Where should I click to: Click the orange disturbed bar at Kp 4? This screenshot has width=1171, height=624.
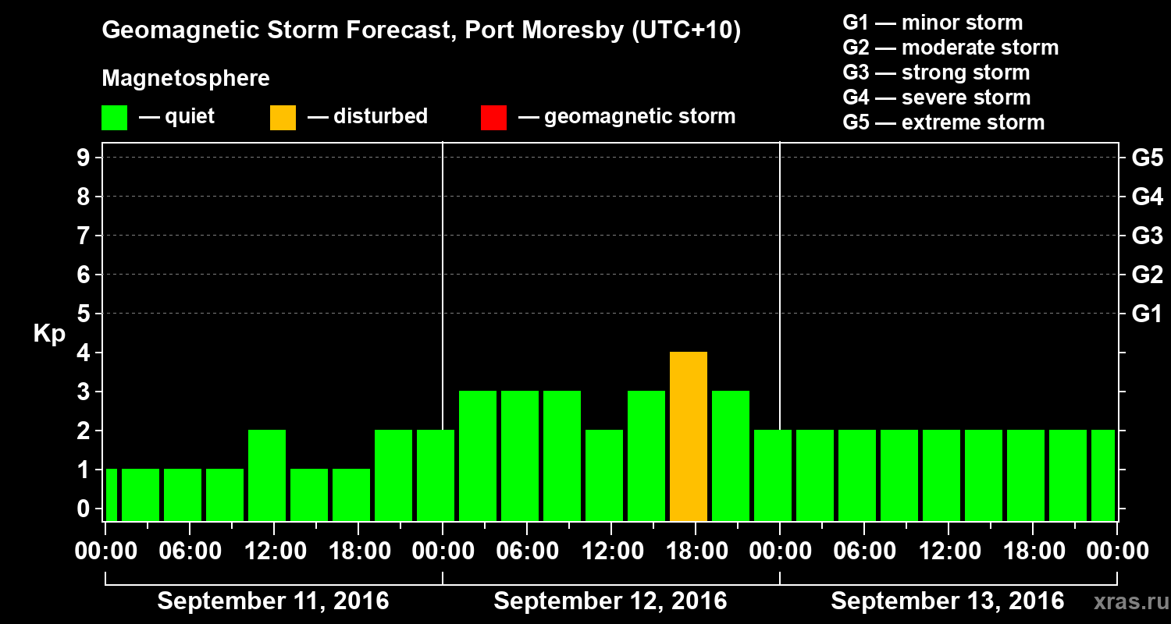pyautogui.click(x=689, y=436)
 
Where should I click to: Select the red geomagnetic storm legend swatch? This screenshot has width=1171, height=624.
pyautogui.click(x=493, y=118)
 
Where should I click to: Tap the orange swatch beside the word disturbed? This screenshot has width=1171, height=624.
pyautogui.click(x=283, y=118)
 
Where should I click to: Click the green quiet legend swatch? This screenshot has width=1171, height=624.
pyautogui.click(x=114, y=118)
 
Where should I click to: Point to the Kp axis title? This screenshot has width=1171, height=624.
pyautogui.click(x=49, y=334)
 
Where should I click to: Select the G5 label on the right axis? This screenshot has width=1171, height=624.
pyautogui.click(x=1147, y=158)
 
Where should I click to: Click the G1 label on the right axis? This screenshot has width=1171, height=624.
pyautogui.click(x=1147, y=314)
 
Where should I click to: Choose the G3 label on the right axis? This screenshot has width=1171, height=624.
pyautogui.click(x=1147, y=236)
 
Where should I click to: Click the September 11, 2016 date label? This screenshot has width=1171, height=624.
pyautogui.click(x=273, y=601)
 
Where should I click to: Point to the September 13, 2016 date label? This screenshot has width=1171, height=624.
pyautogui.click(x=947, y=601)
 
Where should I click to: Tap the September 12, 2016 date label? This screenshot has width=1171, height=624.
pyautogui.click(x=610, y=601)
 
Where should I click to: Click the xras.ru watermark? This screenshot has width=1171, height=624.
pyautogui.click(x=1125, y=601)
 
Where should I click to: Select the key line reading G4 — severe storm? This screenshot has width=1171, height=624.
pyautogui.click(x=936, y=97)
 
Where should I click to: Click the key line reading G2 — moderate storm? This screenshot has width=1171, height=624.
pyautogui.click(x=950, y=48)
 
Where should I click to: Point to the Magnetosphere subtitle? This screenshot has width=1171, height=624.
pyautogui.click(x=186, y=79)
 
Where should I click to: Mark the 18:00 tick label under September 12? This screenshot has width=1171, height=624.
pyautogui.click(x=696, y=551)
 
